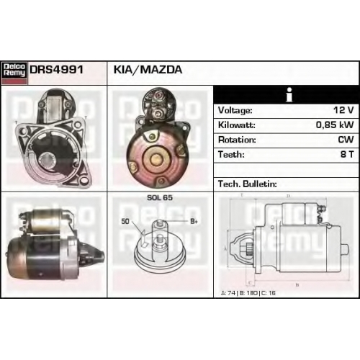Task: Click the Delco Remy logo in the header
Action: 14,73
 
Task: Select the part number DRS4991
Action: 56,70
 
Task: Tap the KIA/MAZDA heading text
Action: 148,70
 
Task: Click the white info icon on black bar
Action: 289,94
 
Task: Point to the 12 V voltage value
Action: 343,110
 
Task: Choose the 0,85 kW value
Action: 335,125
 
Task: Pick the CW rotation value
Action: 346,140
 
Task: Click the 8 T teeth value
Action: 347,154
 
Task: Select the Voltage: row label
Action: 235,110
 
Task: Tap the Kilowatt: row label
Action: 237,125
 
